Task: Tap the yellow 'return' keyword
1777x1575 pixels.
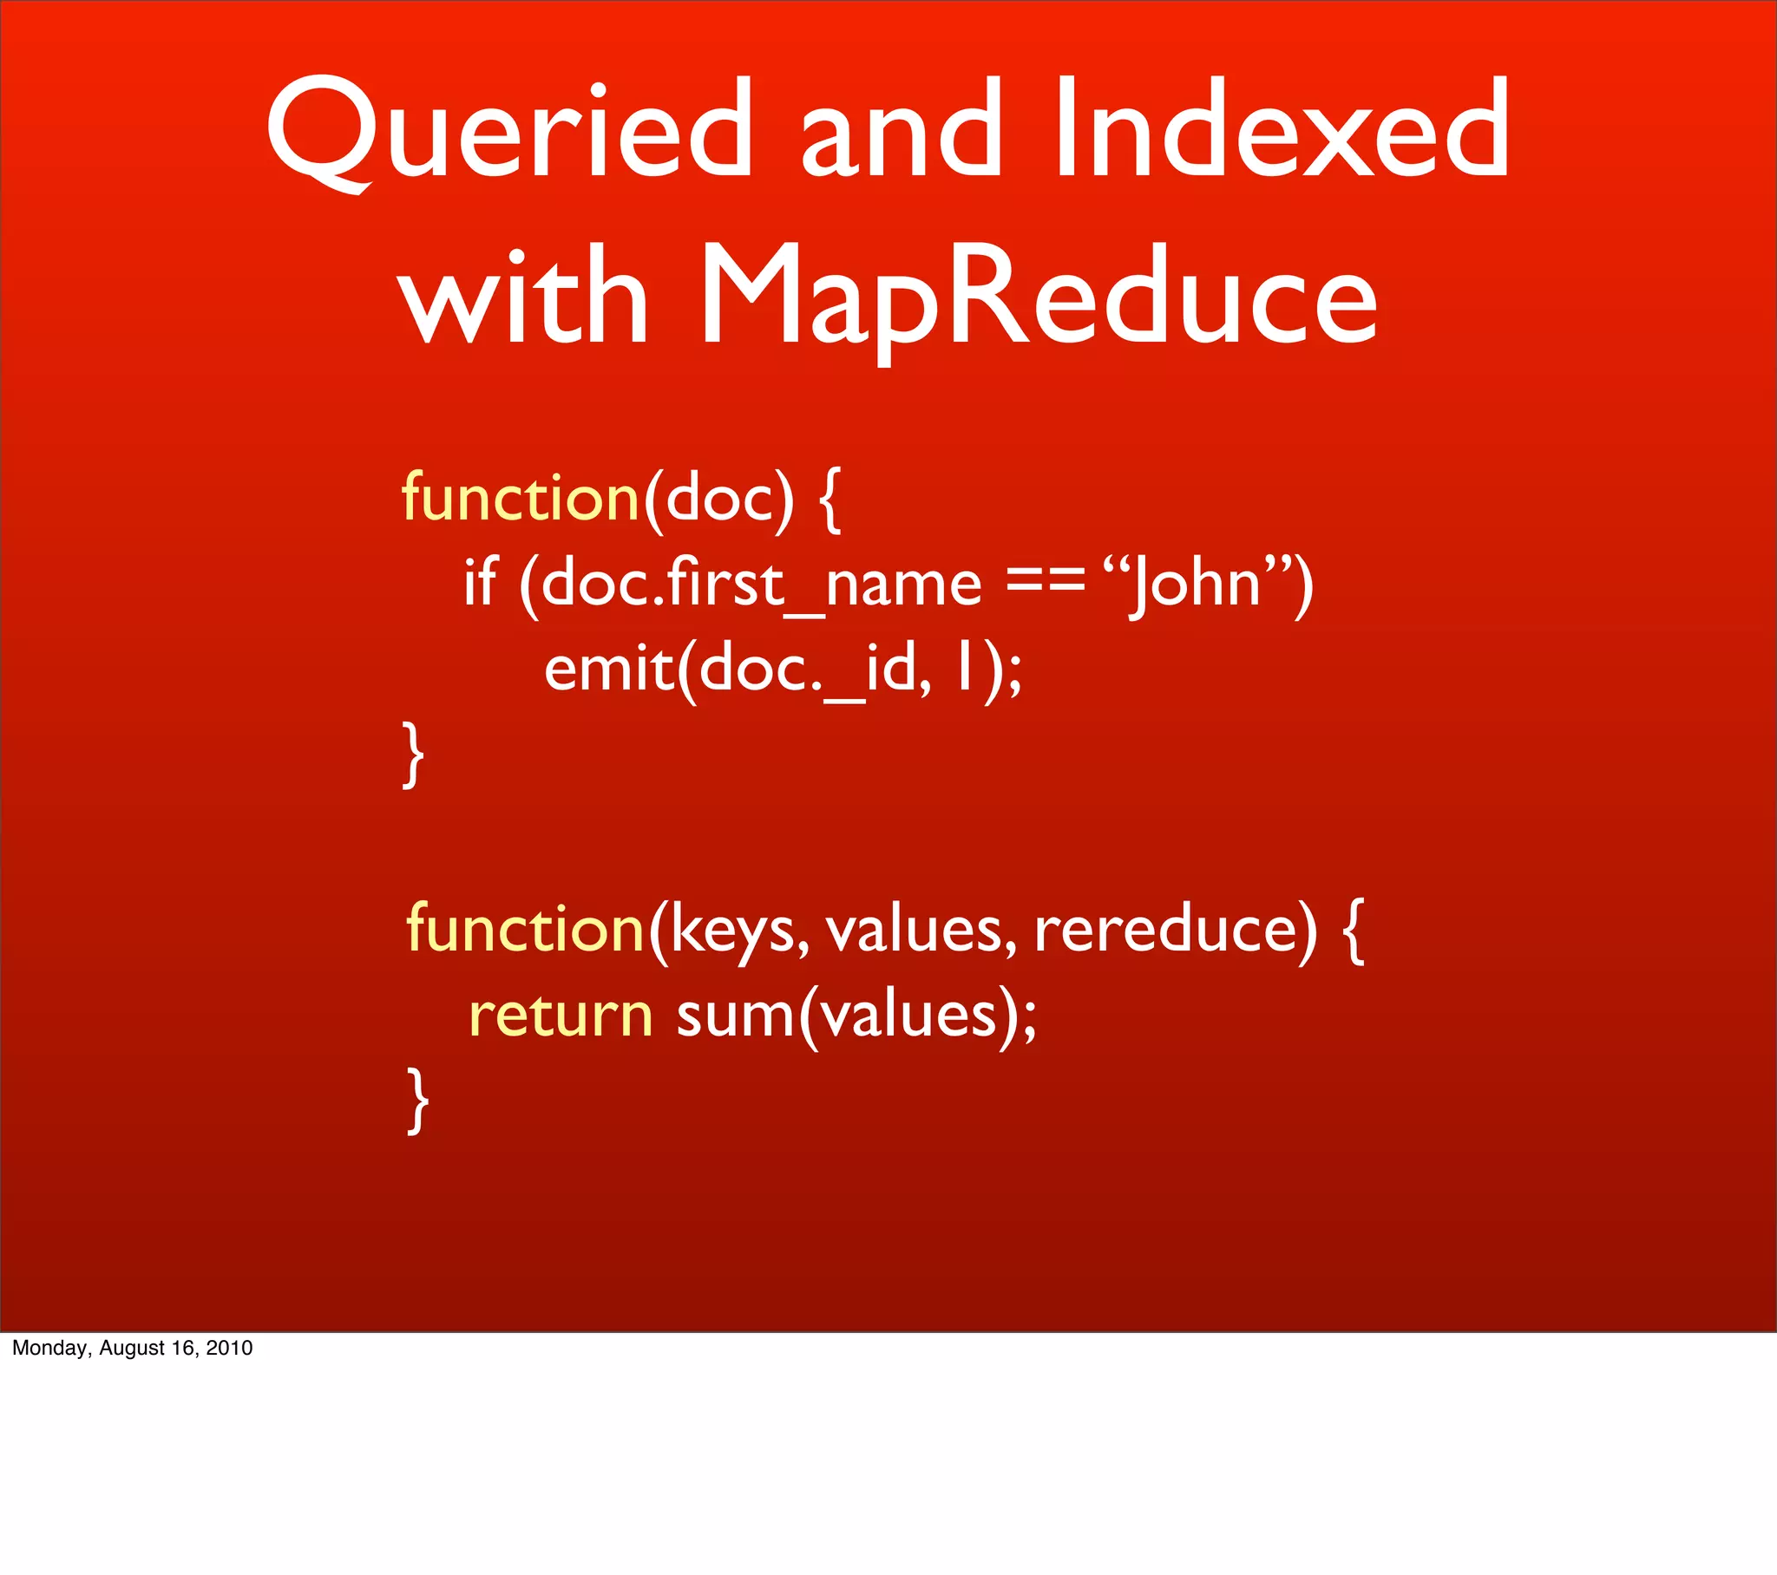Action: [561, 1016]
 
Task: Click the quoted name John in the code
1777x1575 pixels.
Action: [1195, 584]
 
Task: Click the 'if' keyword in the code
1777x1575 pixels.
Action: [480, 581]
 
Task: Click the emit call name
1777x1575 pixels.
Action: [608, 670]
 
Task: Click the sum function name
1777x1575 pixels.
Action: [735, 1016]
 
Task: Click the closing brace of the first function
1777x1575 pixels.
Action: [414, 755]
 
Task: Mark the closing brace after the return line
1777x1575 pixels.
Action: [418, 1101]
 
